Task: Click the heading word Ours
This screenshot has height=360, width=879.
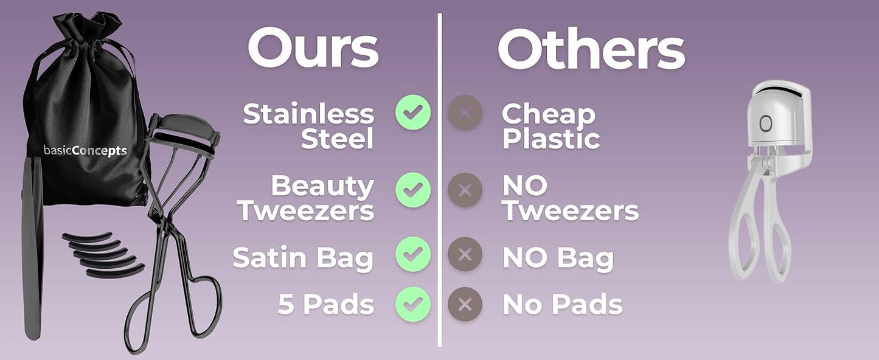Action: tap(313, 49)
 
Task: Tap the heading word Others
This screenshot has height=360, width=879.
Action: tap(591, 49)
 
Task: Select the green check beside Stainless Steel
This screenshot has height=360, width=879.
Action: tap(413, 112)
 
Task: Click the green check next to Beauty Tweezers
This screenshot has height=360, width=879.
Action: tap(413, 190)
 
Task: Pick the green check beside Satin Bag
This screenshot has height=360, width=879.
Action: tap(413, 254)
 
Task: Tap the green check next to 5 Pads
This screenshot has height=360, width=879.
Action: tap(413, 304)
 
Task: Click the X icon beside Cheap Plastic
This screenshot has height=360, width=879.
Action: tap(465, 112)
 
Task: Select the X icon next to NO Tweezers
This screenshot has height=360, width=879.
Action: tap(465, 190)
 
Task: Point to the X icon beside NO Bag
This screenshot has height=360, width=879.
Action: tap(465, 254)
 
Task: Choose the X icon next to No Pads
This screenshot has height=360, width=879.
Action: tap(465, 304)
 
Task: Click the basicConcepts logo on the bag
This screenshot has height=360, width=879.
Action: tap(85, 151)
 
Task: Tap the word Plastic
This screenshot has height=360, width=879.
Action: tap(551, 139)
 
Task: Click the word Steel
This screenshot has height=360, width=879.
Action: tap(337, 139)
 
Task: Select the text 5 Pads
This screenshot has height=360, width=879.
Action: tap(325, 304)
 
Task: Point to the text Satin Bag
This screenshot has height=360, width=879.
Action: tap(302, 258)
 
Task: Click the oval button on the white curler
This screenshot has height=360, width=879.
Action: tap(765, 123)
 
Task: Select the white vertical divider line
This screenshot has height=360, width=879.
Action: tap(439, 180)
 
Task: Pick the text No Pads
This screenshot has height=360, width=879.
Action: tap(563, 304)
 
